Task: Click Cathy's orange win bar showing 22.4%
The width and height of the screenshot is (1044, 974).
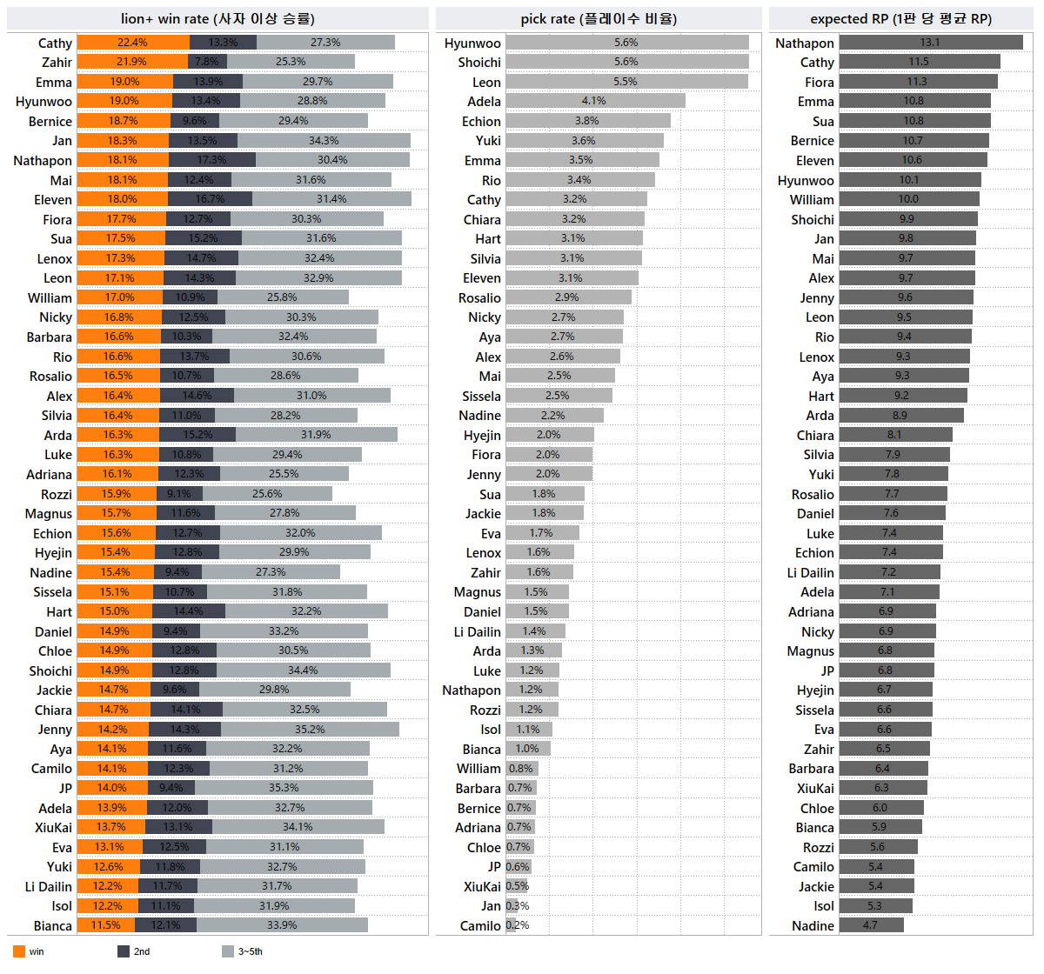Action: [132, 43]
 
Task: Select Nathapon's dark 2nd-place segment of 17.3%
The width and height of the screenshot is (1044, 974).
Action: [211, 160]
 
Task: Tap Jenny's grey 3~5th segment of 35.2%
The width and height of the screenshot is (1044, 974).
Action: [310, 730]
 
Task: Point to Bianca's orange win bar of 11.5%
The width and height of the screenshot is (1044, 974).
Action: [105, 925]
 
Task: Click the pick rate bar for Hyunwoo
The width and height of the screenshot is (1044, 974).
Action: [626, 43]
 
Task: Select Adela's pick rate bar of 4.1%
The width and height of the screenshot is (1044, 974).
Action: [595, 101]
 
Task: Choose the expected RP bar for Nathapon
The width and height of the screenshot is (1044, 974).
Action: [930, 43]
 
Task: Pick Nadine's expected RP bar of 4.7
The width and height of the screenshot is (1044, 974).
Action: [871, 925]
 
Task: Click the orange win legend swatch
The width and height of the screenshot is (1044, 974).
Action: [19, 951]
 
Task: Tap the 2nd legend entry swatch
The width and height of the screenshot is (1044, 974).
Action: [124, 951]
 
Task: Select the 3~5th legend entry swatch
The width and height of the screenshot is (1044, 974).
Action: [228, 951]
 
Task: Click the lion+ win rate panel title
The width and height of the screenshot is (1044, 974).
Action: [217, 19]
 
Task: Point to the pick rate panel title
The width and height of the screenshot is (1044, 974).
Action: [599, 19]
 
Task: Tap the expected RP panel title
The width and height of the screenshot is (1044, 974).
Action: [900, 19]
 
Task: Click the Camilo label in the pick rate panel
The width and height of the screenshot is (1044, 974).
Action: [480, 926]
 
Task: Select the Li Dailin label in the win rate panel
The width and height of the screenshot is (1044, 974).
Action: [49, 887]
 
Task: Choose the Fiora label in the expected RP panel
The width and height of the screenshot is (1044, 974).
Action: [819, 83]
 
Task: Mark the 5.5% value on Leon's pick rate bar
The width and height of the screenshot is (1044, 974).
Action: [626, 82]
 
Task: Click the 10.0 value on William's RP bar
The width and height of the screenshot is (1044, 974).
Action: [908, 199]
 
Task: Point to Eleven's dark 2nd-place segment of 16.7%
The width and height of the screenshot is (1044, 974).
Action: [210, 199]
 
